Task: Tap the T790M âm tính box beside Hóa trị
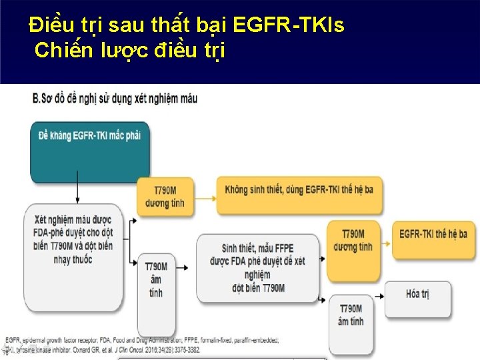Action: click(351, 317)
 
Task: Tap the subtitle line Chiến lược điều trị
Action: click(130, 49)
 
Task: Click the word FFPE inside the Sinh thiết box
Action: click(282, 248)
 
